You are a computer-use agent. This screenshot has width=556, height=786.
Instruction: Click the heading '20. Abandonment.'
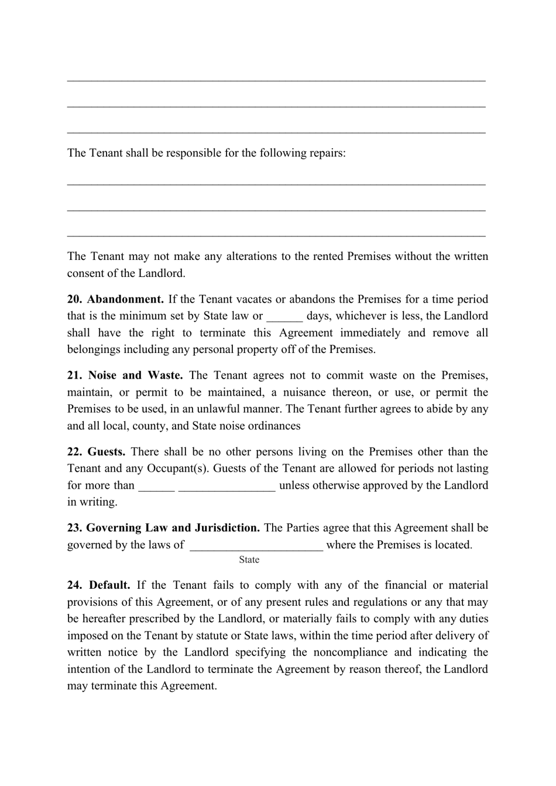tap(115, 299)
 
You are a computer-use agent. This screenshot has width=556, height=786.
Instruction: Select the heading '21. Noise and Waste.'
tap(125, 376)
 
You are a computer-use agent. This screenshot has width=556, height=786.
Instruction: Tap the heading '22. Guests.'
tap(96, 452)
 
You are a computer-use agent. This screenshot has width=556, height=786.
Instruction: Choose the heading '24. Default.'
tap(98, 585)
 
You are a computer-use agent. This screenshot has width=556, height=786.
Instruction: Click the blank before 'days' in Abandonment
tap(284, 317)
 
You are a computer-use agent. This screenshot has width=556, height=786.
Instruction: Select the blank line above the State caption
tap(256, 546)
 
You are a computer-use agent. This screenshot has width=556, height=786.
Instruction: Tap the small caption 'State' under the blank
tap(249, 560)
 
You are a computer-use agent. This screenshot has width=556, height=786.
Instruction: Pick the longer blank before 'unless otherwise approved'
tap(226, 486)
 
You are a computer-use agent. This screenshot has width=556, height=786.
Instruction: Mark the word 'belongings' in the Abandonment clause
tap(93, 350)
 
